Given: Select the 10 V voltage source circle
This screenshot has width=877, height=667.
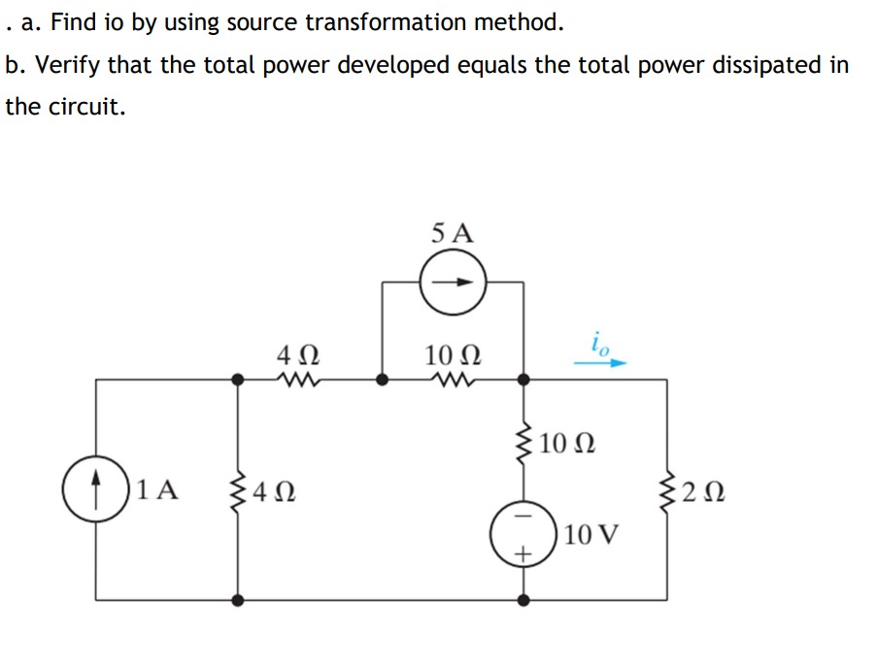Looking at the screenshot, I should [x=523, y=535].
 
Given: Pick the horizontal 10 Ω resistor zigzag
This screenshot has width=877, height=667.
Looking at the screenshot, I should [x=453, y=379].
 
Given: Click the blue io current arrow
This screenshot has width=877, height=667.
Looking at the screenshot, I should [x=599, y=362].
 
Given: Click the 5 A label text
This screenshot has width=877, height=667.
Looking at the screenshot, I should [x=453, y=232].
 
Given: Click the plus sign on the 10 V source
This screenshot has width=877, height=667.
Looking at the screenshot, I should [x=523, y=554].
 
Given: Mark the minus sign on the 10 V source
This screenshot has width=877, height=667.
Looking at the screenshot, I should [x=523, y=517].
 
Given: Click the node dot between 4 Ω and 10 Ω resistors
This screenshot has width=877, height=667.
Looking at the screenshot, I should [x=383, y=380].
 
